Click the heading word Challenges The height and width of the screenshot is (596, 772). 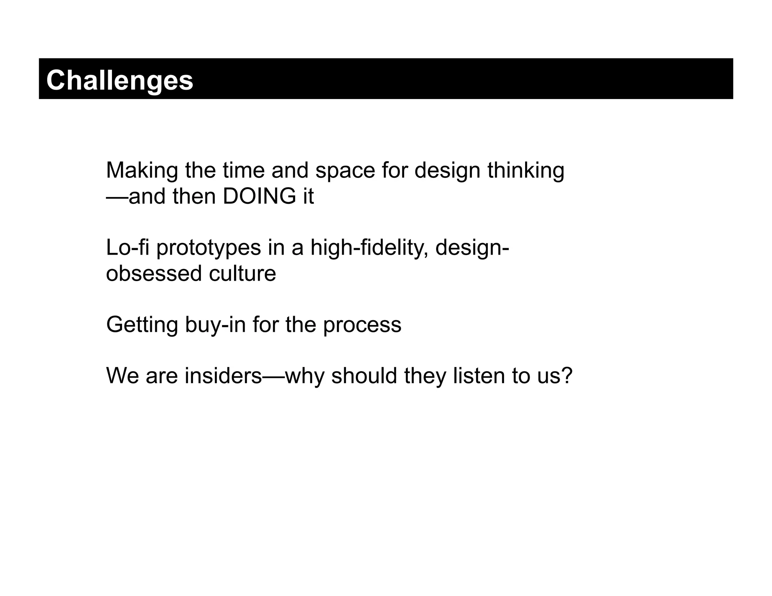tap(119, 80)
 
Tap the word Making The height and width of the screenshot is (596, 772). tap(142, 171)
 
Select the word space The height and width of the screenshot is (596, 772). tap(345, 171)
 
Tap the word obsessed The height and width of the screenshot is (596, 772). tap(154, 274)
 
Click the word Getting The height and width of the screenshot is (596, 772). tap(142, 325)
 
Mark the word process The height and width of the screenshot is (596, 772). tap(362, 326)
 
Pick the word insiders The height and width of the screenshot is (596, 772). tap(223, 376)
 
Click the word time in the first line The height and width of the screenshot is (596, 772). tap(244, 171)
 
